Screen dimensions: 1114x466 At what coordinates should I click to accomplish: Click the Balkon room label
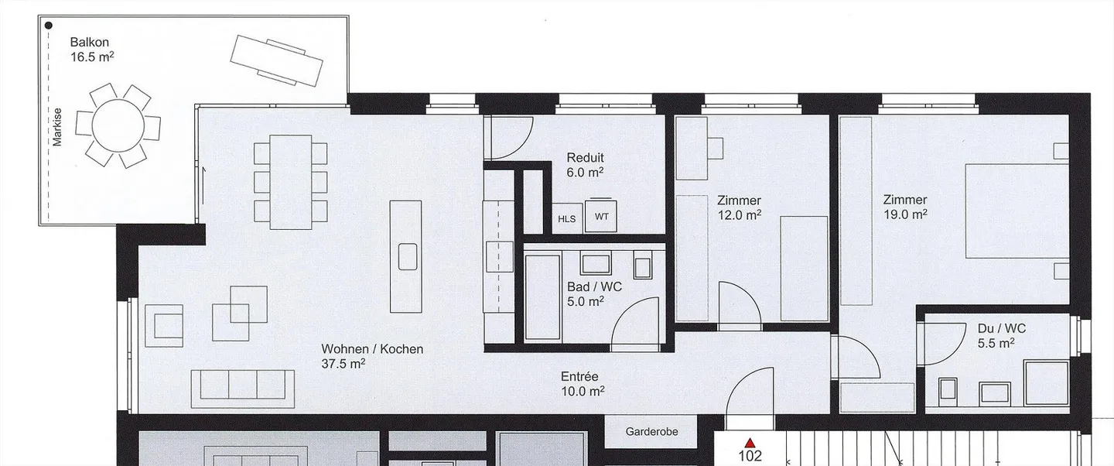[x=90, y=43]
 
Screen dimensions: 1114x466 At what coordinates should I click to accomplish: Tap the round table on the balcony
[x=118, y=125]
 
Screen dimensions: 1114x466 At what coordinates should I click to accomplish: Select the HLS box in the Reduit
[x=567, y=218]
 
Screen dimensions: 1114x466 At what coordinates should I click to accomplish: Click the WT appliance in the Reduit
[x=601, y=216]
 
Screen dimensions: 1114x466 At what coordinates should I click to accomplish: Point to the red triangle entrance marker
[x=750, y=443]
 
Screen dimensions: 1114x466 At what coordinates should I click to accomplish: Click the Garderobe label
[x=651, y=432]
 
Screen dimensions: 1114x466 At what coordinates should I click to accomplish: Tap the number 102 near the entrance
[x=750, y=455]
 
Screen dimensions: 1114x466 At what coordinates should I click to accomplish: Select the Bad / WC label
[x=594, y=286]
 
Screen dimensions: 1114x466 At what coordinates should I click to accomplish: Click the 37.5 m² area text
[x=343, y=364]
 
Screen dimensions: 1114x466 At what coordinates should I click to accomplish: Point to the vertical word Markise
[x=57, y=127]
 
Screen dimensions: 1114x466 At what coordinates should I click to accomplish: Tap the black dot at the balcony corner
[x=49, y=26]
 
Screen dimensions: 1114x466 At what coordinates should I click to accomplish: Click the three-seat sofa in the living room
[x=243, y=385]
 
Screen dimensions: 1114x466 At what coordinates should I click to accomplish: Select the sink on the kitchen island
[x=407, y=256]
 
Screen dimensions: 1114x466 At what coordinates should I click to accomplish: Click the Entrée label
[x=579, y=377]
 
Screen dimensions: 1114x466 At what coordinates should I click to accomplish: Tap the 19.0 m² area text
[x=905, y=214]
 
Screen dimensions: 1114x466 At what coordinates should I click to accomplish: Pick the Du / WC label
[x=1002, y=328]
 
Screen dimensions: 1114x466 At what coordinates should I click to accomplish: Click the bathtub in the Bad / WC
[x=542, y=296]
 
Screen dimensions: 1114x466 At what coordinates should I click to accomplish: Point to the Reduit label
[x=586, y=158]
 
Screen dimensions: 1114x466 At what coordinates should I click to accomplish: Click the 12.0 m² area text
[x=739, y=215]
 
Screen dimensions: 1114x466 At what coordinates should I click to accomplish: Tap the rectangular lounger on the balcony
[x=276, y=60]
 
